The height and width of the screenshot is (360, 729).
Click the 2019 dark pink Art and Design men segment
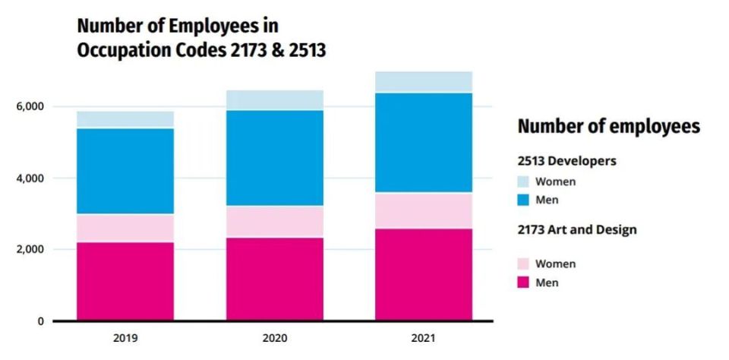(x=125, y=281)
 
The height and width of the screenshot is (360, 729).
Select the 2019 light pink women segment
(x=125, y=228)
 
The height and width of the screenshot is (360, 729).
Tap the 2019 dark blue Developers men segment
(x=125, y=171)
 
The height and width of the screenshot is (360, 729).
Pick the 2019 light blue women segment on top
(x=125, y=119)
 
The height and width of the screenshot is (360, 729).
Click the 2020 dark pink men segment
(x=274, y=279)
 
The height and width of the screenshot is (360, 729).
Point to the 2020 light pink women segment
(x=274, y=221)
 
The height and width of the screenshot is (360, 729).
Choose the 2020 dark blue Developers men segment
(x=274, y=158)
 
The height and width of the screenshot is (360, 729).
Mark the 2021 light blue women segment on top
(x=423, y=82)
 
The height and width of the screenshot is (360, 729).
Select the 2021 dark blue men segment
(x=423, y=143)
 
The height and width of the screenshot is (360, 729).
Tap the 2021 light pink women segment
(x=423, y=210)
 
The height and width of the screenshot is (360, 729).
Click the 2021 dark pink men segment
(x=423, y=274)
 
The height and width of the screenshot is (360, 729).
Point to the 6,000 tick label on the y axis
(x=30, y=107)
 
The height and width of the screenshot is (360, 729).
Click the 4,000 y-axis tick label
(x=30, y=178)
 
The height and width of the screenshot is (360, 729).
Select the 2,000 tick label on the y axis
(x=30, y=250)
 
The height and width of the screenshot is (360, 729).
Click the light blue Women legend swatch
(x=524, y=182)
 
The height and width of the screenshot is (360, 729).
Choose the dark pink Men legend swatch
(x=524, y=283)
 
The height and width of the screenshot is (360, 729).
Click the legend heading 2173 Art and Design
(x=576, y=229)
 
